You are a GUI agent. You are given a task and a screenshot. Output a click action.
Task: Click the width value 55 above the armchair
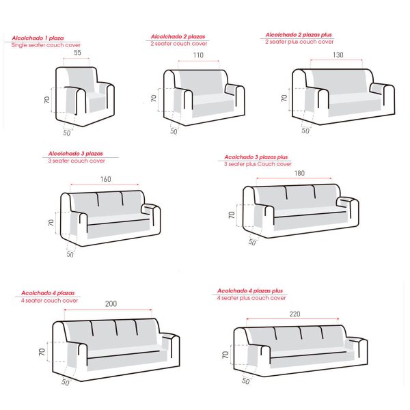coord(77,53)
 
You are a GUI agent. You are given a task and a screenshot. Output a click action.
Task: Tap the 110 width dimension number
coord(198,55)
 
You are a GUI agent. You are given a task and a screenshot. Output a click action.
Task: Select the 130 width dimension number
coord(338,55)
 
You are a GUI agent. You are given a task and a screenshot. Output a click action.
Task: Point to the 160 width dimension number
coord(106,179)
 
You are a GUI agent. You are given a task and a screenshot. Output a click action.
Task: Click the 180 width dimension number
coord(299,173)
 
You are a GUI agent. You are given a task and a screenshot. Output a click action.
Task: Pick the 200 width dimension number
coord(111,303)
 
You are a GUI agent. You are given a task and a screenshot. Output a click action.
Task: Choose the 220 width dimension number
coord(295,314)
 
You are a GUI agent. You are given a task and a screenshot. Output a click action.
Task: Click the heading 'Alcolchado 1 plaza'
coord(38,38)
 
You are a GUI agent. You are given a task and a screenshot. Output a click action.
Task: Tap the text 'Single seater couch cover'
coord(46,45)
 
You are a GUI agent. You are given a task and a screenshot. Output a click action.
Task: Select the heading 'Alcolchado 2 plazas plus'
coord(299,35)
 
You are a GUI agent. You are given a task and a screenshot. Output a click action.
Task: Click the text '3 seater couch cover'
coord(77,161)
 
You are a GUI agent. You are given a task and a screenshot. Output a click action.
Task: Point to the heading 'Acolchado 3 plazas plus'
coord(256,157)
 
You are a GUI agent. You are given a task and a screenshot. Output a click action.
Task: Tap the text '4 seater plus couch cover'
coord(251,298)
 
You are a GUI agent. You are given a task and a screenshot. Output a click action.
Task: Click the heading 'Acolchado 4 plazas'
coord(48,293)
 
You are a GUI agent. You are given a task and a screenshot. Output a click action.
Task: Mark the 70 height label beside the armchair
coord(46,100)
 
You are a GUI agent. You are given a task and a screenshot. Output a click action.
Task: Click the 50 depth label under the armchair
coord(67,133)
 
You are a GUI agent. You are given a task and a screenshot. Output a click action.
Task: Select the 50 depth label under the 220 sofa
coord(245,381)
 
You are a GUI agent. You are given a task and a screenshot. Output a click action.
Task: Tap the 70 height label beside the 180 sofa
coord(232,215)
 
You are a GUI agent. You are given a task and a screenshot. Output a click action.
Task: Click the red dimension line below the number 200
coord(108,310)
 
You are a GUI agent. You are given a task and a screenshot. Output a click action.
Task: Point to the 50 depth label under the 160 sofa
coord(70,254)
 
